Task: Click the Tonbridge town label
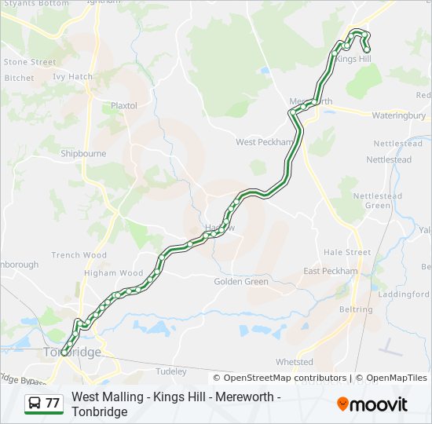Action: pos(74,352)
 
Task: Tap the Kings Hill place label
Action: pos(353,59)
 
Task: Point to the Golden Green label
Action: pos(241,281)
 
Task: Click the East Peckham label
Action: pos(330,271)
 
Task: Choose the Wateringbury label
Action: pos(398,115)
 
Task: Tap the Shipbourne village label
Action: pos(83,154)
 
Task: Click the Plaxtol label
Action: pos(124,105)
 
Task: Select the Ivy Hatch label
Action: pos(72,77)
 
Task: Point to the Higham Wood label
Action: pos(114,273)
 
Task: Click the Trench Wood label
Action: pos(79,255)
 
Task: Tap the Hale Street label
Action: pos(347,252)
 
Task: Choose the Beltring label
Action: pos(356,309)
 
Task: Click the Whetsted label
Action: pos(295,362)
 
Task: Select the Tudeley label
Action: pos(171,371)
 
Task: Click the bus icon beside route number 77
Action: pos(35,403)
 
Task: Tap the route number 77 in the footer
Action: pos(53,403)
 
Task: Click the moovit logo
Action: pos(372,404)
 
